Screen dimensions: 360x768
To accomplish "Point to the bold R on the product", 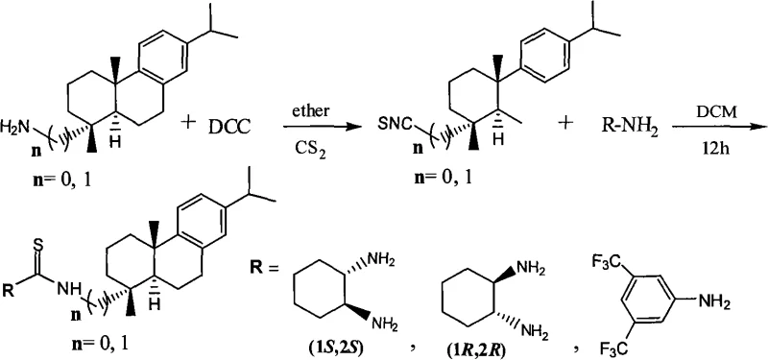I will pyautogui.click(x=11, y=285).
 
